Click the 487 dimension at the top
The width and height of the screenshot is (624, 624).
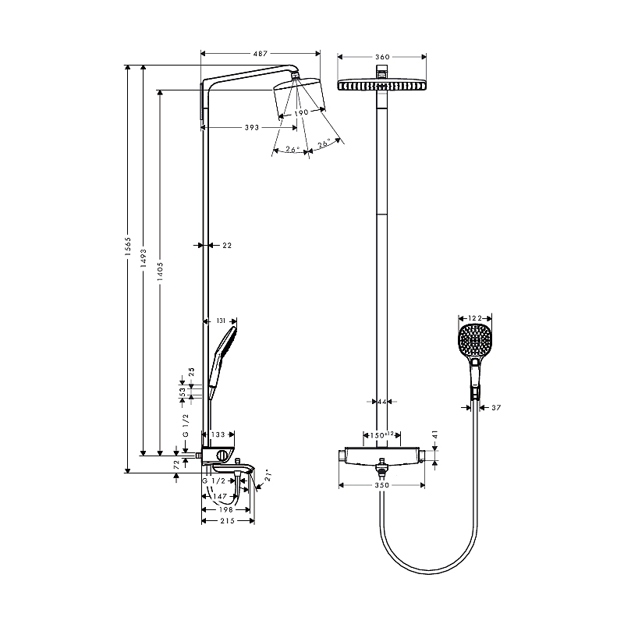[260, 54]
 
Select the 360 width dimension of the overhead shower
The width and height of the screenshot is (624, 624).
[381, 57]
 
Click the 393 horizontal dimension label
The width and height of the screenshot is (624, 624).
[252, 127]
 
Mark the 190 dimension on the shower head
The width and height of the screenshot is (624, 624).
[301, 112]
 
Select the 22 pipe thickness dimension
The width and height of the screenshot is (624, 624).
[227, 245]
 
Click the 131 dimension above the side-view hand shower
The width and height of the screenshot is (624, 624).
[221, 321]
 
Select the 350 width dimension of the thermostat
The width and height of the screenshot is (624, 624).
[381, 485]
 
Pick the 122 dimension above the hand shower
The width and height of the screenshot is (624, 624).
[474, 318]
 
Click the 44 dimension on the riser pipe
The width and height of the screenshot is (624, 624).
[381, 402]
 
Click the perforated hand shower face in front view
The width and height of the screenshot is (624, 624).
[474, 341]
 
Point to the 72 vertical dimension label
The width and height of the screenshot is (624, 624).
[177, 463]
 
